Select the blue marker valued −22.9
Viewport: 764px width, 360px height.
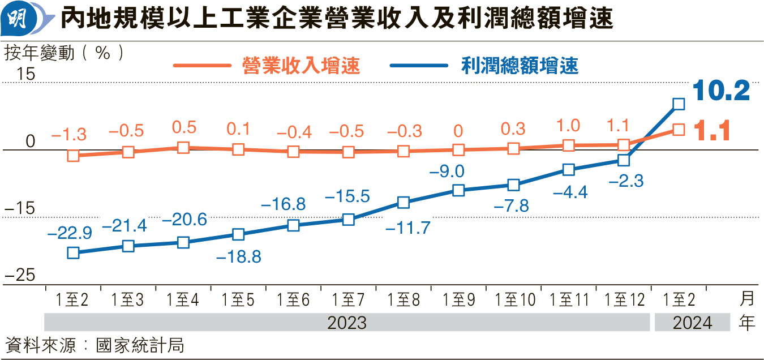[x=73, y=252]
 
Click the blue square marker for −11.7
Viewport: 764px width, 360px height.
[x=404, y=203]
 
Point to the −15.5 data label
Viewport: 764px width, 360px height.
[x=347, y=196]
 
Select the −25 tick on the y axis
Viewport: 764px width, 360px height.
[x=20, y=276]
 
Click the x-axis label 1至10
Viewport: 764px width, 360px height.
[x=514, y=299]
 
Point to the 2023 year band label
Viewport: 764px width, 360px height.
[x=347, y=323]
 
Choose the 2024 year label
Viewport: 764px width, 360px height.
[x=692, y=323]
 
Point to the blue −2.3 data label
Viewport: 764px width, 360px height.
[x=626, y=182]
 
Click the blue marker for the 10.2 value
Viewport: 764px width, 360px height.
[x=679, y=104]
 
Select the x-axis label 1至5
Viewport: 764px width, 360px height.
[x=238, y=299]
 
